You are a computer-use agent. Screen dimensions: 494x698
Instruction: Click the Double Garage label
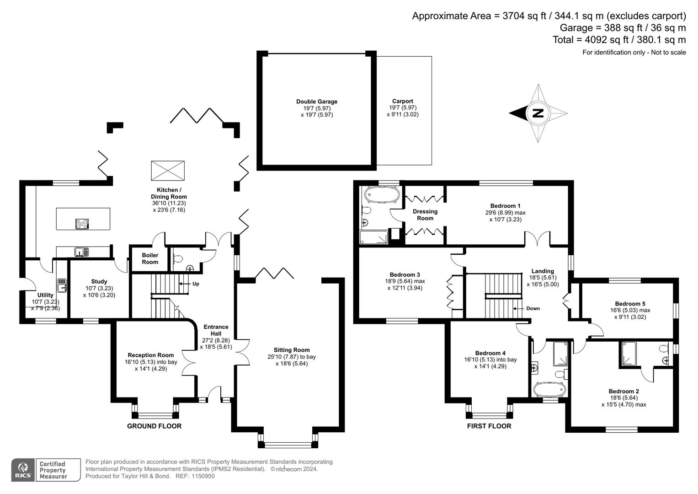pyautogui.click(x=317, y=102)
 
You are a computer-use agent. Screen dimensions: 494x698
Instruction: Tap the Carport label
pyautogui.click(x=402, y=102)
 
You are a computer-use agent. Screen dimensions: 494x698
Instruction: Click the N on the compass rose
pyautogui.click(x=538, y=113)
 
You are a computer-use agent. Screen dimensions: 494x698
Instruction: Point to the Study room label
pyautogui.click(x=99, y=282)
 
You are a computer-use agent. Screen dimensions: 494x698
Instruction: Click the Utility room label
pyautogui.click(x=45, y=295)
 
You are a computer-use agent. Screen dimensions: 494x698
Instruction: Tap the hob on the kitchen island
pyautogui.click(x=82, y=224)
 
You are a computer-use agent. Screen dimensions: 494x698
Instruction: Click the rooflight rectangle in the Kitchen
pyautogui.click(x=168, y=171)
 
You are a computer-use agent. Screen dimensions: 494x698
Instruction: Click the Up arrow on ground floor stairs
pyautogui.click(x=195, y=284)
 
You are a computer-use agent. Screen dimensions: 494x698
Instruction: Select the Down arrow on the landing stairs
pyautogui.click(x=533, y=308)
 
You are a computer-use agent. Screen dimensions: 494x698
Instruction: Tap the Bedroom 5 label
pyautogui.click(x=630, y=304)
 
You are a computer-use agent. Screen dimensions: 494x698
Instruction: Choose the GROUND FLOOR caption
pyautogui.click(x=154, y=426)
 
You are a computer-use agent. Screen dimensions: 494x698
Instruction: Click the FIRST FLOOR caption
pyautogui.click(x=489, y=426)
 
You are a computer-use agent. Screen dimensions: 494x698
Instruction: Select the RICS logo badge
pyautogui.click(x=22, y=470)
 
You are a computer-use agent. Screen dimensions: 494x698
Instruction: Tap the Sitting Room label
pyautogui.click(x=292, y=350)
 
